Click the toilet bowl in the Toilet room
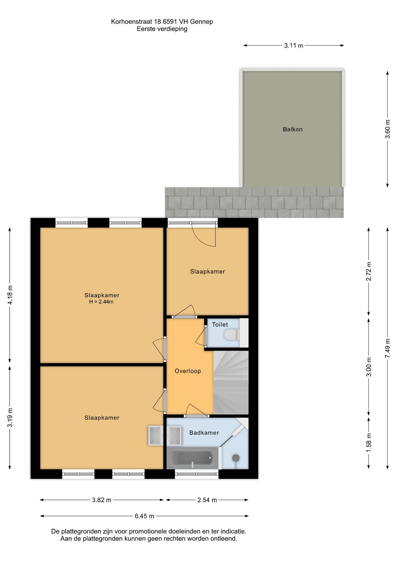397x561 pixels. point(231,335)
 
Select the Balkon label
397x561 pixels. point(293,129)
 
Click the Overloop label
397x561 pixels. point(188,371)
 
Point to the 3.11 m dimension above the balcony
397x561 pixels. point(293,46)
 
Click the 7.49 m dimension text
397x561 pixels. point(387,349)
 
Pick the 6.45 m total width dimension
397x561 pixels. point(144,516)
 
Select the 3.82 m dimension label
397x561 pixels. point(101,500)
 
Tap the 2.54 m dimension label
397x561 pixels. point(207,500)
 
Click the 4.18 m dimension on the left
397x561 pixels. point(10,295)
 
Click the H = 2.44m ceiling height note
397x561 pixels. point(101,302)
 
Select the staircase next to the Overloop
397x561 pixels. point(231,382)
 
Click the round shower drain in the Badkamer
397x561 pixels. point(236,458)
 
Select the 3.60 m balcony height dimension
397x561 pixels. point(387,129)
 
